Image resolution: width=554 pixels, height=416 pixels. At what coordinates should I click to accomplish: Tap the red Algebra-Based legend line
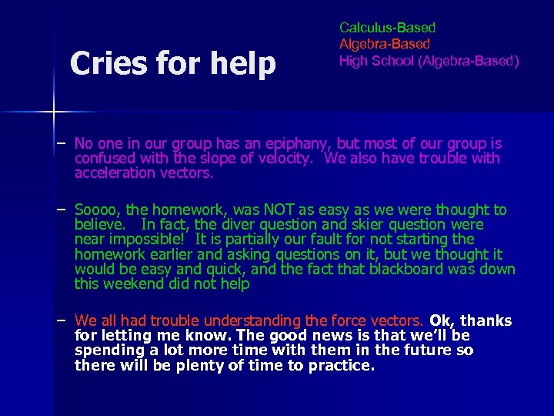click(x=384, y=44)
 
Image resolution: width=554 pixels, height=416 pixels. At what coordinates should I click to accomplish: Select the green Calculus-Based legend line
click(x=387, y=28)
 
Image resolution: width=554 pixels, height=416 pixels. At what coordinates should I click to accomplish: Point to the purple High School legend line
click(x=429, y=60)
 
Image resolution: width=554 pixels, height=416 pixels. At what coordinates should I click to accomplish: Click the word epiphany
click(x=295, y=144)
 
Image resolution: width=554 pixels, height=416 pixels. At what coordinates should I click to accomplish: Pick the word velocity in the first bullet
click(x=290, y=159)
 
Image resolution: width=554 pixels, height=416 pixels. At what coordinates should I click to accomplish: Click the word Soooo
click(x=98, y=210)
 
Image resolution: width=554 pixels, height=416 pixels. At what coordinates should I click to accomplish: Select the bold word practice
click(x=340, y=365)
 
